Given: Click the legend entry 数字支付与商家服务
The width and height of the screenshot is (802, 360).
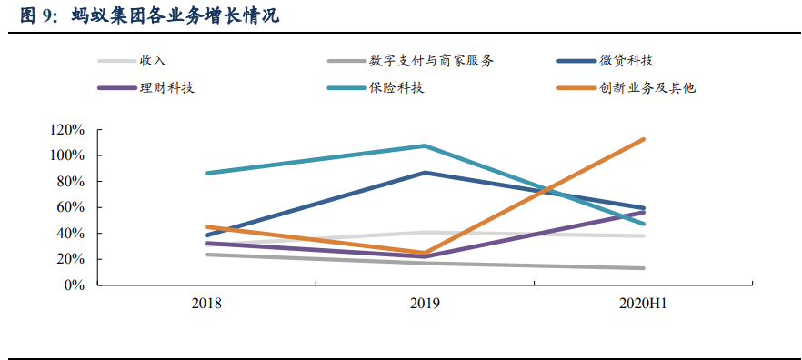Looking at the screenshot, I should point(432,61).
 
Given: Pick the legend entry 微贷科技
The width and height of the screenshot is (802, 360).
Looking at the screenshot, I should point(627,61).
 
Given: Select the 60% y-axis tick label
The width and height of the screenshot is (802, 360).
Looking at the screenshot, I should point(70,207).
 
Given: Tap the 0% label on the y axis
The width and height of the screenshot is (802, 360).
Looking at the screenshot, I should point(74,285).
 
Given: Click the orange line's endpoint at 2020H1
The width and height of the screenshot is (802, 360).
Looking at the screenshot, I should point(644,139).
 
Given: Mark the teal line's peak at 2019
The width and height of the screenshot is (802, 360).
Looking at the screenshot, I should point(425,145).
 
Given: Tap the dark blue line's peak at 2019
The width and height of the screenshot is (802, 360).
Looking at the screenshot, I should point(425,172).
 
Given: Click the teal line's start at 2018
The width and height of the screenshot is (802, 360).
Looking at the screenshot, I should point(206,173).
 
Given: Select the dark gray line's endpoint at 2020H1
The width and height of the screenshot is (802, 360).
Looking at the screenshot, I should point(644,268).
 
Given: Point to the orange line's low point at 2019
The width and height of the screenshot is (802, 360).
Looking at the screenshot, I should point(425,253).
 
